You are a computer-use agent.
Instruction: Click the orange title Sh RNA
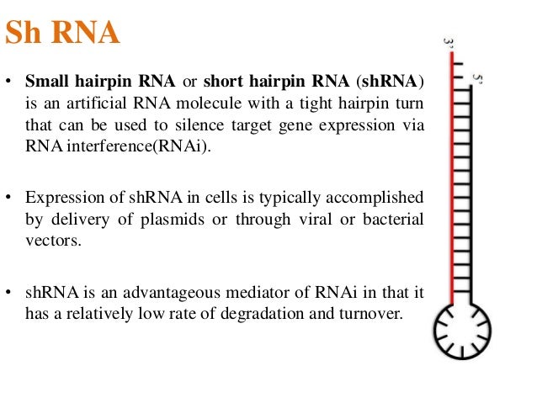tap(63, 34)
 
